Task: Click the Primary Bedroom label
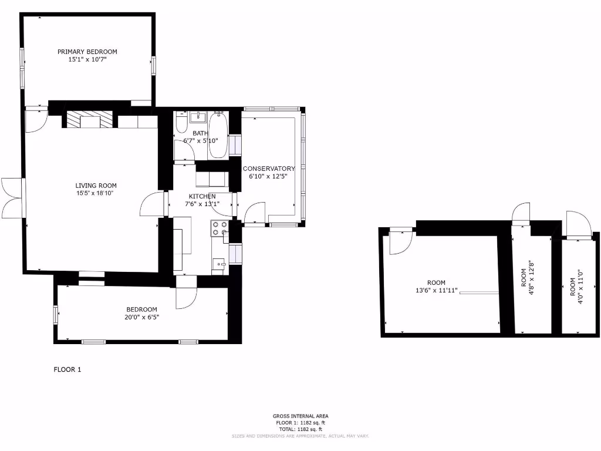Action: pyautogui.click(x=87, y=52)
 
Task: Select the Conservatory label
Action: pyautogui.click(x=269, y=169)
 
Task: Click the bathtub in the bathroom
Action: pyautogui.click(x=219, y=136)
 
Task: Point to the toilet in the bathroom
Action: pyautogui.click(x=181, y=124)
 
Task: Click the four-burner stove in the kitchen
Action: pyautogui.click(x=220, y=228)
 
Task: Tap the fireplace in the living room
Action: pyautogui.click(x=83, y=120)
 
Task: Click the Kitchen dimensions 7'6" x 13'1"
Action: pyautogui.click(x=202, y=204)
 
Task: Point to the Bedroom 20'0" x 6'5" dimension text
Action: pyautogui.click(x=142, y=317)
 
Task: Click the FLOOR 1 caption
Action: pyautogui.click(x=67, y=369)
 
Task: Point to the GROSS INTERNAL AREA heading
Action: pyautogui.click(x=300, y=416)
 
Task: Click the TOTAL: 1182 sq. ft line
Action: pyautogui.click(x=300, y=429)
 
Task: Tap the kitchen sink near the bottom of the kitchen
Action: pyautogui.click(x=221, y=264)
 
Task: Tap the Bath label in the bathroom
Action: pyautogui.click(x=200, y=133)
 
